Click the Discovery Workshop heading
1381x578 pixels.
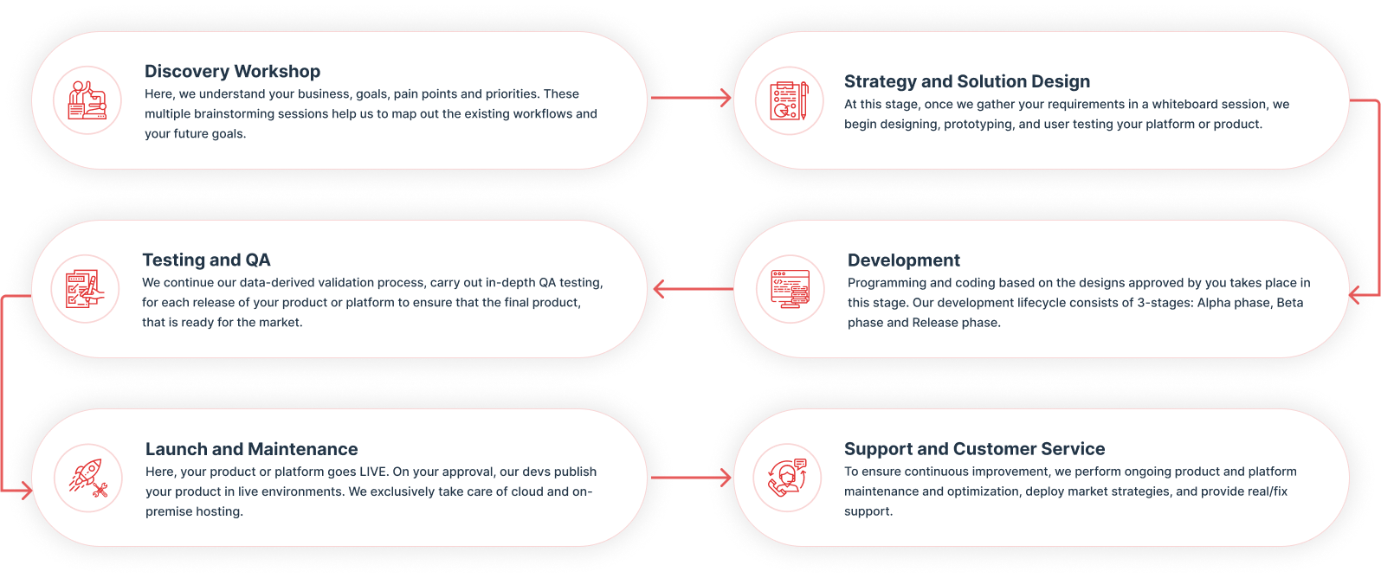[x=232, y=72]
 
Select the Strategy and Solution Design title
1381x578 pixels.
[x=966, y=81]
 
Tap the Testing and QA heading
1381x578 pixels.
[x=206, y=260]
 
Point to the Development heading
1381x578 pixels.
[x=903, y=260]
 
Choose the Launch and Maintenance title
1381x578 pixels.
[x=251, y=449]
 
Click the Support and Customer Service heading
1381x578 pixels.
[x=974, y=449]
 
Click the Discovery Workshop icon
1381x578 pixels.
[x=87, y=100]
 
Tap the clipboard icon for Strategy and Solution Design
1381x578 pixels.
[x=789, y=100]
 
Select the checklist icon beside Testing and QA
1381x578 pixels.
[x=86, y=289]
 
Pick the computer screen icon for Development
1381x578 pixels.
[x=790, y=289]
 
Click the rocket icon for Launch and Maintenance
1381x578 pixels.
[x=87, y=478]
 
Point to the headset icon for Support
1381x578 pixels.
[x=787, y=478]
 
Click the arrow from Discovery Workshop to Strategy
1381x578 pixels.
[x=690, y=98]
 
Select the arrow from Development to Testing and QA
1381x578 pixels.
[x=693, y=289]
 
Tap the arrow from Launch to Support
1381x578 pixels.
[x=690, y=477]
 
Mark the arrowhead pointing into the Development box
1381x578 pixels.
[x=1357, y=296]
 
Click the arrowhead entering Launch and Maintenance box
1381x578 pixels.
[x=25, y=491]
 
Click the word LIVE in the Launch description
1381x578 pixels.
[x=373, y=472]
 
